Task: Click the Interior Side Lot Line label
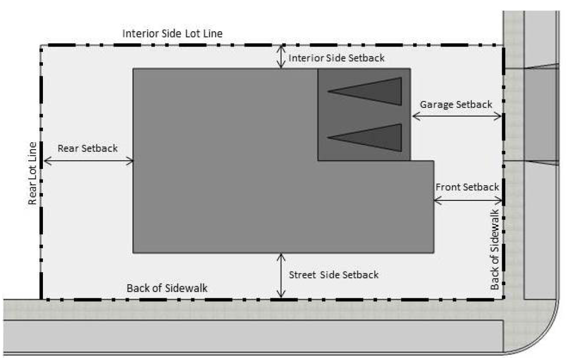coord(172,33)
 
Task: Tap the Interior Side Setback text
coord(337,58)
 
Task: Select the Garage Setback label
coord(456,105)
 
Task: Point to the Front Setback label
coord(467,187)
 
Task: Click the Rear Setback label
coord(88,148)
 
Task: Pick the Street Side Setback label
coord(334,275)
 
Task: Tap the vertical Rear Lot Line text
coord(32,174)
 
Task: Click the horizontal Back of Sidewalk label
coord(167,288)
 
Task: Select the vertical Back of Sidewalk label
coord(494,250)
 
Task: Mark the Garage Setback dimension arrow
coord(457,116)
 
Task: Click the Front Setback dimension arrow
coord(468,200)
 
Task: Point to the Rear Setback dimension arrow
coord(88,161)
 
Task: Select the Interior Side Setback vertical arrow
coord(281,57)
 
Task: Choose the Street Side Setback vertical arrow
coord(281,276)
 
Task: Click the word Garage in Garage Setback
coord(437,105)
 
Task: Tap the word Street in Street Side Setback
coord(303,275)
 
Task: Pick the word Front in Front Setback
coord(449,187)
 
